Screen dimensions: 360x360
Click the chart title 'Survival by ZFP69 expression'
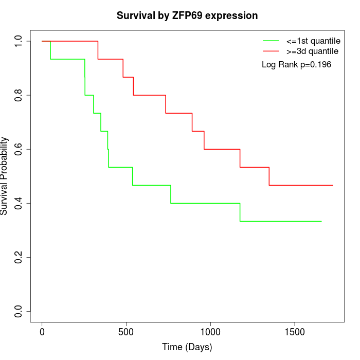pyautogui.click(x=187, y=15)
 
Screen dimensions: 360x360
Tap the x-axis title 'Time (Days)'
pyautogui.click(x=187, y=347)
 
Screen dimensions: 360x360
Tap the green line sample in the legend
pyautogui.click(x=271, y=41)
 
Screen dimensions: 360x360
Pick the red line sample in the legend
pyautogui.click(x=271, y=51)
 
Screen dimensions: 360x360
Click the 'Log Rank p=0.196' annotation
pyautogui.click(x=296, y=65)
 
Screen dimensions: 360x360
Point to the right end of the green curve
pyautogui.click(x=321, y=221)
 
